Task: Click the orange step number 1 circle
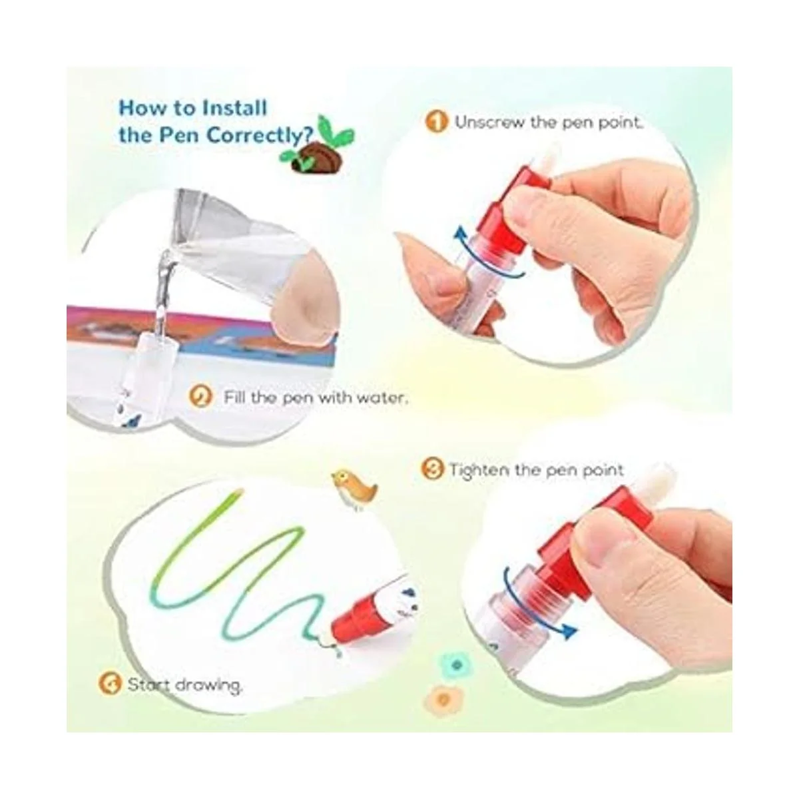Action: (x=437, y=122)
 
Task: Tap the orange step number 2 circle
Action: (x=200, y=397)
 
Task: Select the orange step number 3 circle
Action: (x=432, y=469)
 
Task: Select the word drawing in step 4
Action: (x=208, y=685)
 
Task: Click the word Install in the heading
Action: (x=234, y=109)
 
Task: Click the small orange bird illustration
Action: (x=354, y=489)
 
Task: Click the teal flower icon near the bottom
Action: (x=457, y=665)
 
